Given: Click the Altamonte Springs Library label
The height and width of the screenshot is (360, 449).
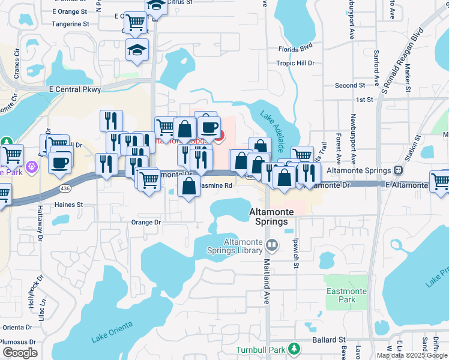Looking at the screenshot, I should pyautogui.click(x=240, y=246).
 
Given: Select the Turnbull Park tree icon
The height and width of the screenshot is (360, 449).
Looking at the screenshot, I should pyautogui.click(x=293, y=349).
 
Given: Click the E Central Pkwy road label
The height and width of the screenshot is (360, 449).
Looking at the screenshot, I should pyautogui.click(x=76, y=89).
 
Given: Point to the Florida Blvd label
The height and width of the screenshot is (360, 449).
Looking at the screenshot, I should pyautogui.click(x=296, y=48).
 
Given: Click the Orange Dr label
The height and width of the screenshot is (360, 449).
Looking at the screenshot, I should pyautogui.click(x=146, y=222).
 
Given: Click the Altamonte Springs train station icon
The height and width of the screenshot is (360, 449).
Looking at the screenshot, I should pyautogui.click(x=398, y=170).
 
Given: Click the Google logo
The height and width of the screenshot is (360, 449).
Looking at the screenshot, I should pyautogui.click(x=20, y=353).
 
